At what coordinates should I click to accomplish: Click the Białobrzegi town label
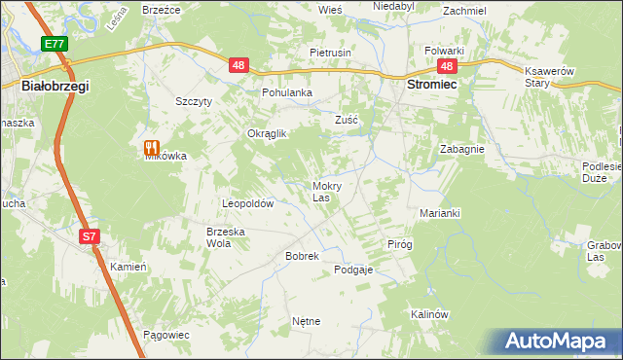point(55,87)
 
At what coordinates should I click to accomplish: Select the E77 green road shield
point(55,45)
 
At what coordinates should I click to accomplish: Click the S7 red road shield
point(89,236)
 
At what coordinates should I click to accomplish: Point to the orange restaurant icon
point(151,149)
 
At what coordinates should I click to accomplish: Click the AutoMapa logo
point(560,341)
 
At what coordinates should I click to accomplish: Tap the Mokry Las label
point(326,192)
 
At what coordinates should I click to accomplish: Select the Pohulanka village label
point(286,93)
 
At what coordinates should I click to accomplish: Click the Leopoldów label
point(248,204)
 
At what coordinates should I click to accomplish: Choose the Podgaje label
point(353,270)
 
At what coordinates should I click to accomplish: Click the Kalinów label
point(428,314)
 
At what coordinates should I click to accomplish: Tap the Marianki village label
point(439,212)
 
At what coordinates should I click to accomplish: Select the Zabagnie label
point(462,150)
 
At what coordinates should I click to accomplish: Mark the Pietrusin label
point(330,53)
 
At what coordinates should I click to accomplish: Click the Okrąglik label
point(267,134)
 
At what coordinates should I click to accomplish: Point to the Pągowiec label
point(165,334)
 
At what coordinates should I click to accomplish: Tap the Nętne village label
point(306,320)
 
